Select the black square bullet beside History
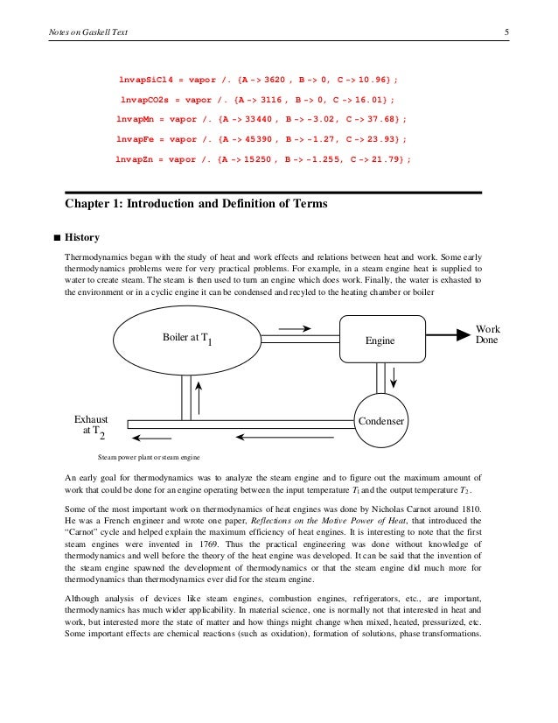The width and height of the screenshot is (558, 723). (x=57, y=237)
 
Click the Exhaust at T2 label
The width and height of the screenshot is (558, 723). (x=89, y=426)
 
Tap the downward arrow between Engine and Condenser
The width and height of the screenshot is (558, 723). (x=394, y=377)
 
